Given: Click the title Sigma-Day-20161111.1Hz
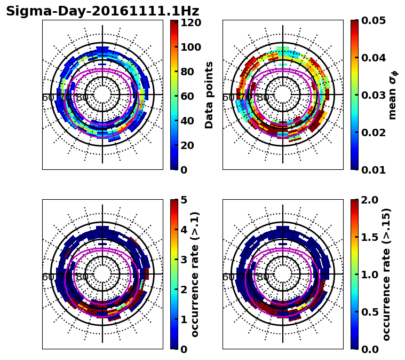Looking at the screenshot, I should pyautogui.click(x=102, y=11).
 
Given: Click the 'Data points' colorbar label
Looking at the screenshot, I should pyautogui.click(x=209, y=95).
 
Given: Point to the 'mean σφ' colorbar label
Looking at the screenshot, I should pyautogui.click(x=393, y=95).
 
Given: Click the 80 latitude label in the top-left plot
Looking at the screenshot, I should pyautogui.click(x=82, y=98).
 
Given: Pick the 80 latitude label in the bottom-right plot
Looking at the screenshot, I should pyautogui.click(x=263, y=277).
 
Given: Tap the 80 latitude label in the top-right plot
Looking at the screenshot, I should pyautogui.click(x=263, y=98).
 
